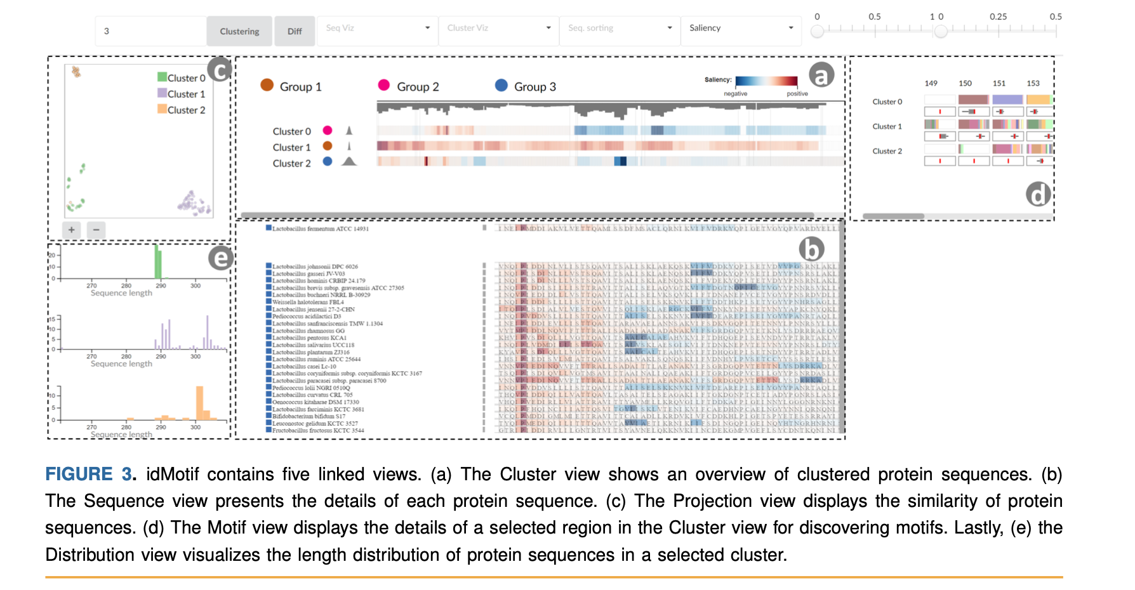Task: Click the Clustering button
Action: (x=239, y=31)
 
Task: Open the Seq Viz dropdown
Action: (x=378, y=29)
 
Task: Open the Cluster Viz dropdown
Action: (x=498, y=29)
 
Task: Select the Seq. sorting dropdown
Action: (x=620, y=29)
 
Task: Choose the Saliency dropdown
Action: (x=741, y=29)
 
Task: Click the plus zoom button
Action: (x=72, y=230)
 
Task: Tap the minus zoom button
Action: (x=96, y=230)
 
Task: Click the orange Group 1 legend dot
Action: (x=267, y=85)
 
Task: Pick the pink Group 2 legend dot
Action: (x=383, y=85)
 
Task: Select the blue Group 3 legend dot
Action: (x=501, y=85)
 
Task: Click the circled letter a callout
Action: (x=821, y=75)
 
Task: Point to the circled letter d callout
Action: (x=1039, y=195)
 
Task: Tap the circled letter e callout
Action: (x=220, y=258)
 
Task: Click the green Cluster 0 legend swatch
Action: (x=162, y=77)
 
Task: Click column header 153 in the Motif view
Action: (x=1033, y=83)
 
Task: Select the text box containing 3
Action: (x=151, y=31)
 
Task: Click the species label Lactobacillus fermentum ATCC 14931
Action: (x=320, y=228)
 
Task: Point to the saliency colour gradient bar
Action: (x=766, y=81)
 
